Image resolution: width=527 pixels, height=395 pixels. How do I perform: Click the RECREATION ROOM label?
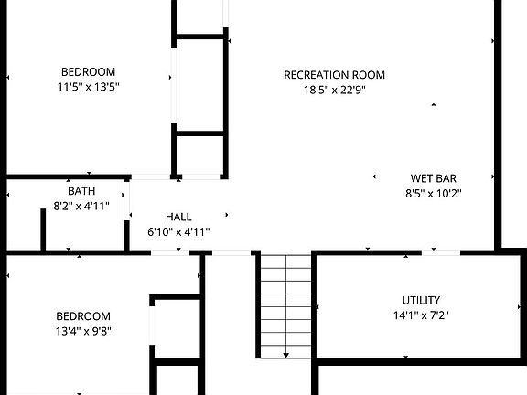click(334, 75)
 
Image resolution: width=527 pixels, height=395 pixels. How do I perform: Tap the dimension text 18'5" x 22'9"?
click(334, 90)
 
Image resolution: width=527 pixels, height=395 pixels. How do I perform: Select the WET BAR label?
click(433, 178)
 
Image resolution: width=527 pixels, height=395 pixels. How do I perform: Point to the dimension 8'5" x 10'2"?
click(433, 193)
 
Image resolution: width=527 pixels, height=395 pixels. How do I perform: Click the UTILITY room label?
click(421, 300)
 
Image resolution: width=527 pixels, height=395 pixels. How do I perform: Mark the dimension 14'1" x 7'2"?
click(421, 315)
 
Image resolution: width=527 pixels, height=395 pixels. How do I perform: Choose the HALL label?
click(178, 217)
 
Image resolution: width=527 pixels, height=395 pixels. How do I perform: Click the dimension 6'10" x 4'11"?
click(178, 231)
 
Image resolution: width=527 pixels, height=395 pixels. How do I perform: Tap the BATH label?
click(81, 191)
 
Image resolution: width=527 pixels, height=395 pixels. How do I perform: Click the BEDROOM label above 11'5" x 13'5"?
click(88, 72)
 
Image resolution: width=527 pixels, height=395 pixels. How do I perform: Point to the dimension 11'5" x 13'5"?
click(88, 87)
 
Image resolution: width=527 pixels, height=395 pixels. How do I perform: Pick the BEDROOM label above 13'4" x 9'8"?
click(83, 315)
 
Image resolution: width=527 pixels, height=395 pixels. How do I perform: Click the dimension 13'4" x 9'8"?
click(83, 330)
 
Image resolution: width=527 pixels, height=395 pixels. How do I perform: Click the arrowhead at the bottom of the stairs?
click(285, 355)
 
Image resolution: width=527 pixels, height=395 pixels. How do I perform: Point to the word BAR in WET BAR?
click(446, 178)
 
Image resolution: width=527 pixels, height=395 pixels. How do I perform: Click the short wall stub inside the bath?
click(43, 229)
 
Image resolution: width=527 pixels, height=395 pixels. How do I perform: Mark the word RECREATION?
click(316, 75)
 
